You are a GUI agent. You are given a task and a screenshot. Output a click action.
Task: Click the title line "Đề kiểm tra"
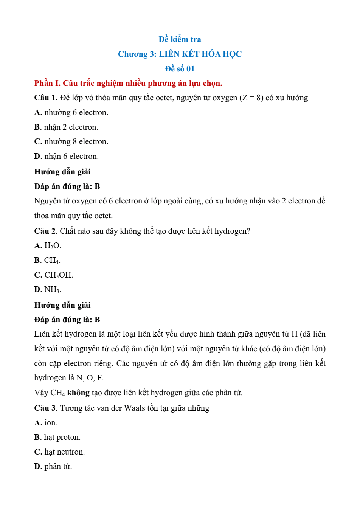click(180, 39)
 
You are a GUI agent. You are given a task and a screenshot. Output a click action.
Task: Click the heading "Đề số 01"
click(180, 69)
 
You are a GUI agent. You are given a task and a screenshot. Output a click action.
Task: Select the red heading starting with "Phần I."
click(128, 83)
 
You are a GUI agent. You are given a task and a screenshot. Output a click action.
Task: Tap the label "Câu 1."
click(46, 98)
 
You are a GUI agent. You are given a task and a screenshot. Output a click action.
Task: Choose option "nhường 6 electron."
click(76, 112)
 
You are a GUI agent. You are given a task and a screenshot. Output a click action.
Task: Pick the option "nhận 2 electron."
click(71, 127)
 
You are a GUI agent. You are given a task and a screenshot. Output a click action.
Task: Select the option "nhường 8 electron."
click(76, 141)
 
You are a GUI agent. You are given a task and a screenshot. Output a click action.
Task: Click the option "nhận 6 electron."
click(71, 156)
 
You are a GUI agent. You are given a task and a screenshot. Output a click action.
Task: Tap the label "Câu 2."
click(46, 231)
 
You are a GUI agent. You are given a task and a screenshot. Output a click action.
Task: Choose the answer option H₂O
click(53, 246)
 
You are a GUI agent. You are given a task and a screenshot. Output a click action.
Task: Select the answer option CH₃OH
click(59, 275)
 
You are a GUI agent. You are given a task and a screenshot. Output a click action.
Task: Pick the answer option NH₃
click(53, 290)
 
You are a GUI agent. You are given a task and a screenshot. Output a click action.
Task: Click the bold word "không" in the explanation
click(78, 393)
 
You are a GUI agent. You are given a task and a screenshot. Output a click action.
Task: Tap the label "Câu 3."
click(46, 408)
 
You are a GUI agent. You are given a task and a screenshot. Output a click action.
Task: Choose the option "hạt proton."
click(62, 437)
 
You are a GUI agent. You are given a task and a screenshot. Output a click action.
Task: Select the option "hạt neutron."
click(64, 452)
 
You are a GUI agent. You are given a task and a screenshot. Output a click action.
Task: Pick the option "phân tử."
click(58, 466)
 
